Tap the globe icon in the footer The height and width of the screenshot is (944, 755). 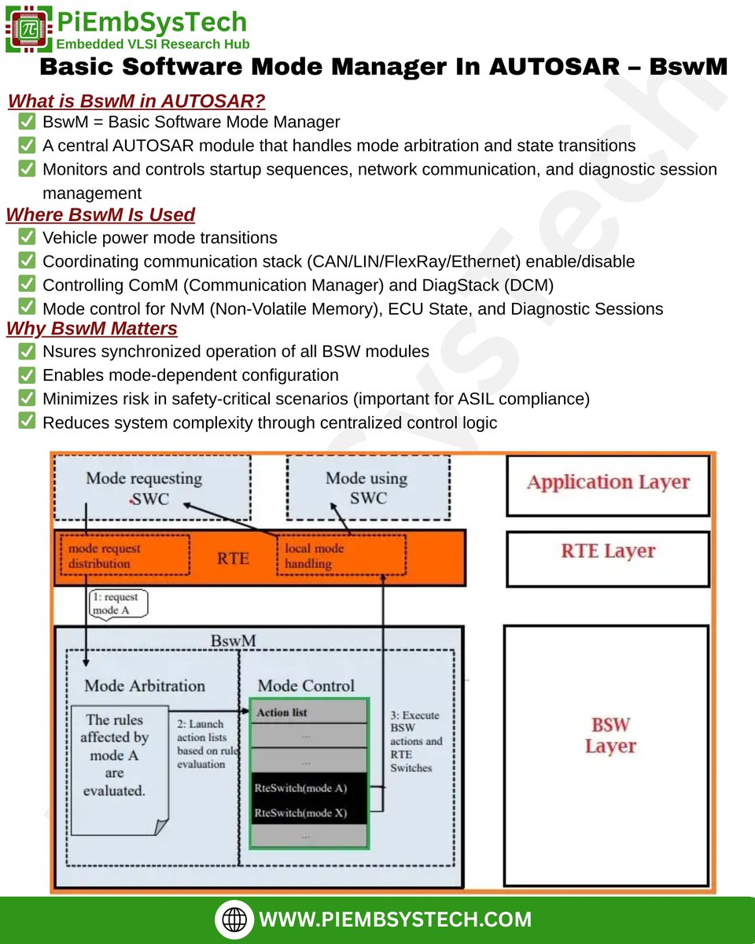[234, 919]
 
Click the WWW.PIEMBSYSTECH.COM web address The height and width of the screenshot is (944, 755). [395, 919]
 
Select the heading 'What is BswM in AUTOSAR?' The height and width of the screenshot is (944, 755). [136, 101]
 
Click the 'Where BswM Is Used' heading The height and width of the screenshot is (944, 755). [101, 215]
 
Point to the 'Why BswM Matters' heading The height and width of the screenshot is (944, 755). [92, 328]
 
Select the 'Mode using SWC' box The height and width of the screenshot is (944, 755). [367, 488]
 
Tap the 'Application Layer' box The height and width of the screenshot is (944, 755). [608, 483]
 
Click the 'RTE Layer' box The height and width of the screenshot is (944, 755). [608, 551]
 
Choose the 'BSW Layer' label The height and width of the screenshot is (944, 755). [610, 735]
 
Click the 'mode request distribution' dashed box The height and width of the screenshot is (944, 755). [123, 555]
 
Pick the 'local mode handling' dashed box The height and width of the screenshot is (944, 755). [341, 555]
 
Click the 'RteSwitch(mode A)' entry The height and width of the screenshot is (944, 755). [308, 787]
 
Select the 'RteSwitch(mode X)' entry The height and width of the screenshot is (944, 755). [308, 813]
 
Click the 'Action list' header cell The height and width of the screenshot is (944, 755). [308, 713]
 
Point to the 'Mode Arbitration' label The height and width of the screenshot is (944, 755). [145, 685]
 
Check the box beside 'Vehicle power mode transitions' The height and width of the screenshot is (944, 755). [27, 237]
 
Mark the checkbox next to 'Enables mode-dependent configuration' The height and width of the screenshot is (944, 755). [27, 374]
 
